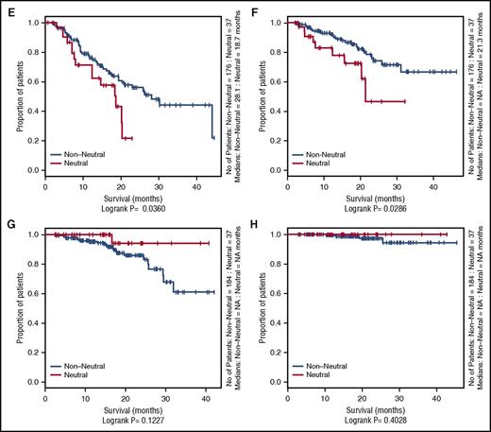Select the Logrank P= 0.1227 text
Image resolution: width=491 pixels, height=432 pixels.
pyautogui.click(x=126, y=422)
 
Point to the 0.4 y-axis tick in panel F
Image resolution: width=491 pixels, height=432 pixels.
pyautogui.click(x=275, y=111)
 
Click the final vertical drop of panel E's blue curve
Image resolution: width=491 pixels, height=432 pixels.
pyautogui.click(x=212, y=119)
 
